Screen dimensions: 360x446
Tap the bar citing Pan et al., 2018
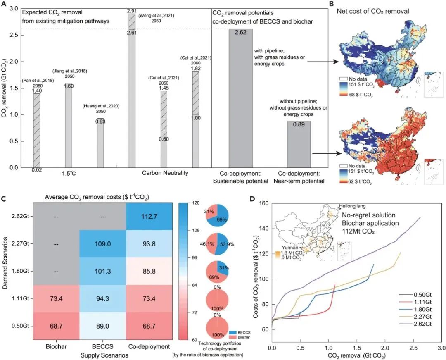(37, 130)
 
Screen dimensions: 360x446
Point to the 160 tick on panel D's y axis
(263, 203)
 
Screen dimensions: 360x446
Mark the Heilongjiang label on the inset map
(352, 206)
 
